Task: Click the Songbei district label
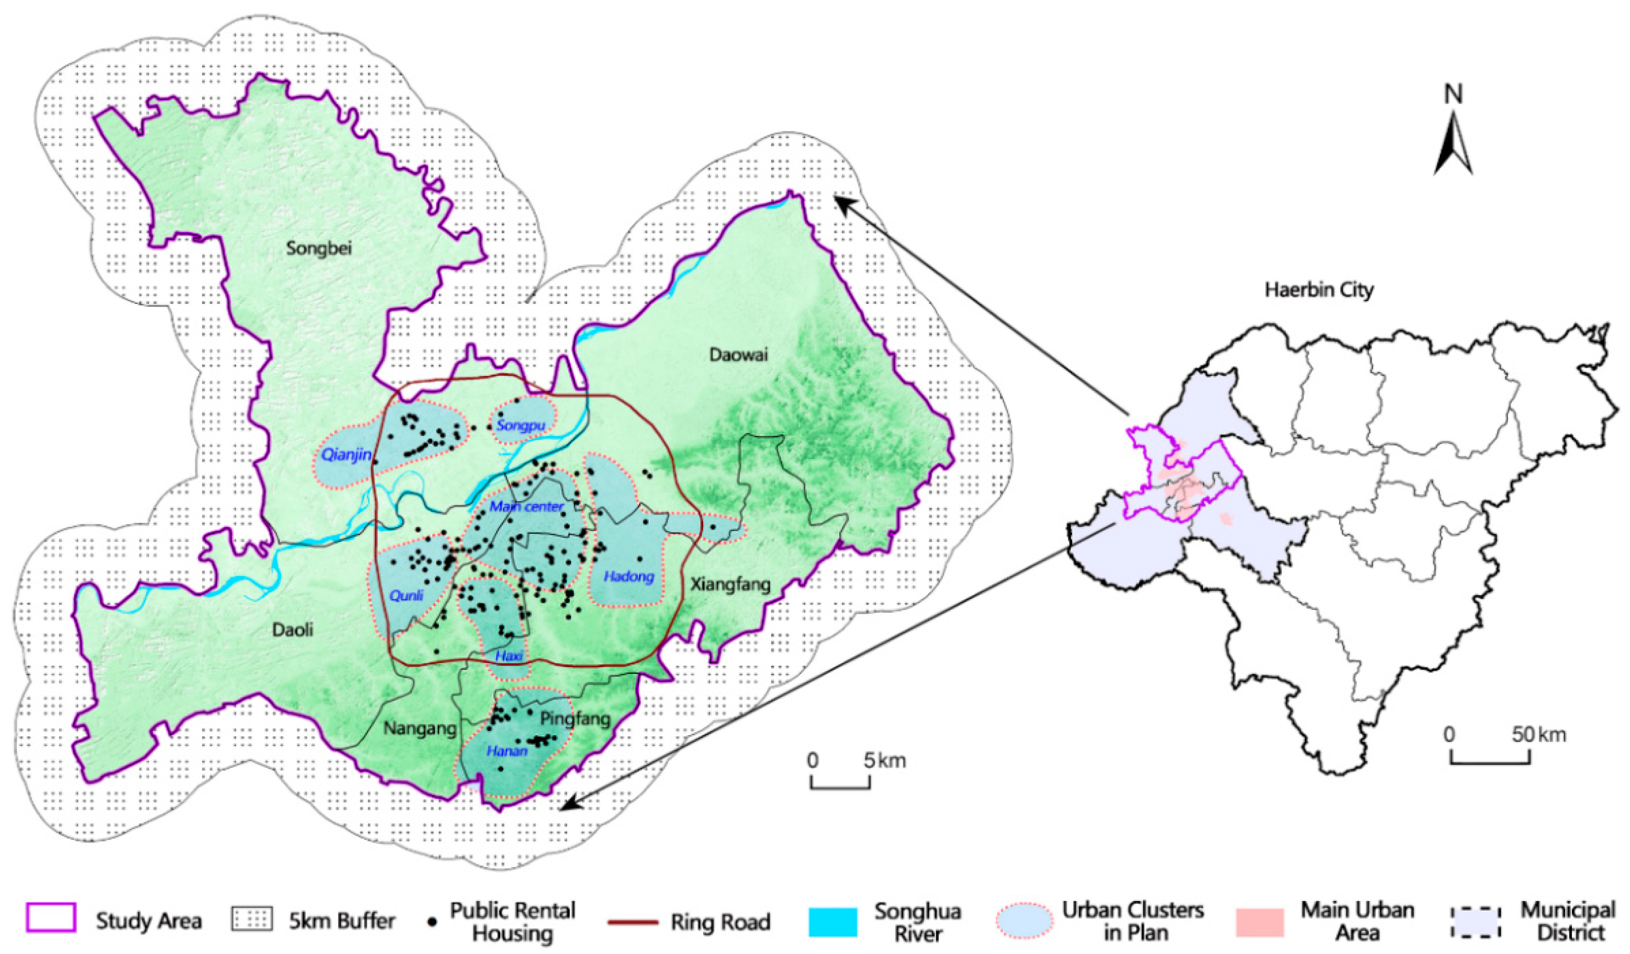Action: coord(319,249)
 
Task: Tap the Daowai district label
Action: coord(738,355)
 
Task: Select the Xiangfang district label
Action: coord(730,584)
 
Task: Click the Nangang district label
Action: coord(420,729)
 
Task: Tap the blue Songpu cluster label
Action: coord(521,425)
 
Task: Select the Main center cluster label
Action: coord(527,506)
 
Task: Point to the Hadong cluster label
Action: coord(629,576)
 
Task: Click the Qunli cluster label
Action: coord(406,595)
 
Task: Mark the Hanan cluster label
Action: coord(507,751)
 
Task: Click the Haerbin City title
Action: coord(1319,290)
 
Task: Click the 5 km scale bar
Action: coord(840,783)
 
